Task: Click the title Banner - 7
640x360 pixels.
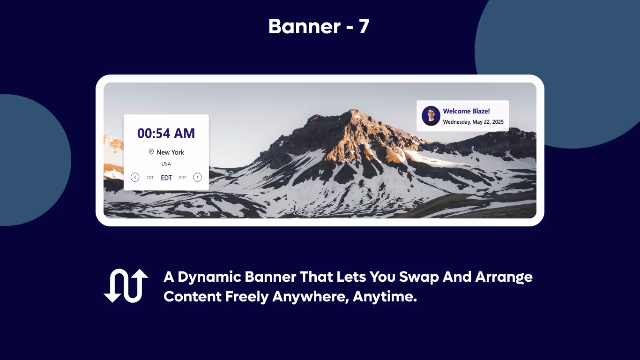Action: (319, 27)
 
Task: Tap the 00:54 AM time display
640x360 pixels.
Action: (166, 134)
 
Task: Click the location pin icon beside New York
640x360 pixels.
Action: (151, 152)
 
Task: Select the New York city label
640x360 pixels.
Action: (170, 152)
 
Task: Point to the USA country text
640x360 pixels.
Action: (166, 164)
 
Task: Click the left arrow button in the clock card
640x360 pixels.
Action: (135, 177)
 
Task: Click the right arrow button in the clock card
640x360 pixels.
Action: (197, 177)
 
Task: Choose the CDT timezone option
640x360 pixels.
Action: (150, 178)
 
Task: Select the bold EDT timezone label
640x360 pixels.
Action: (166, 178)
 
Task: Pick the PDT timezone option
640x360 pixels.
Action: (183, 178)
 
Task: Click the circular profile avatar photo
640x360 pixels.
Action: (431, 116)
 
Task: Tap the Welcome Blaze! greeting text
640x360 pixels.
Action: (466, 111)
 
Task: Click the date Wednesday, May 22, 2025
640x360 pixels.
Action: (473, 122)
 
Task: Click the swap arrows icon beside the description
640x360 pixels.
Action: (126, 285)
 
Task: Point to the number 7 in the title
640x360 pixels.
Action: (364, 27)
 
